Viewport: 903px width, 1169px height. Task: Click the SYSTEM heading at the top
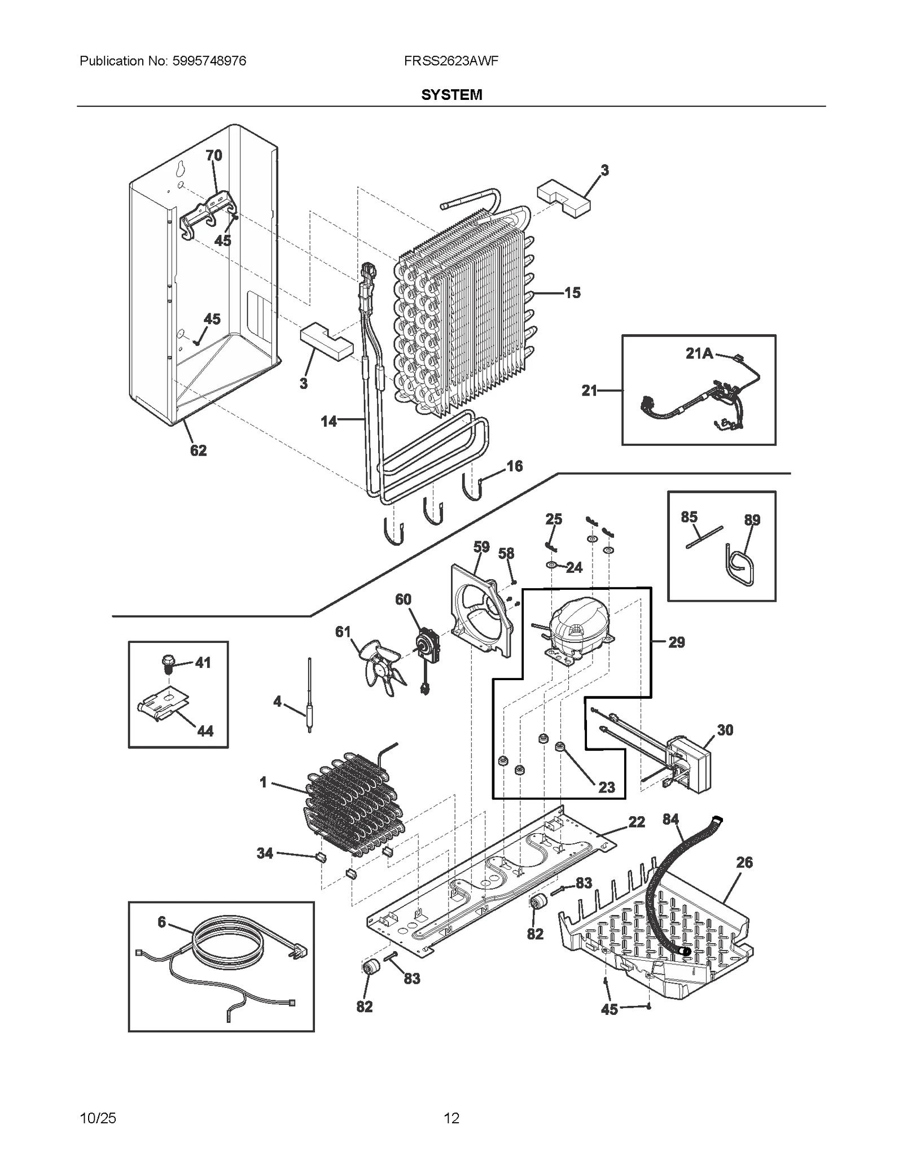[451, 94]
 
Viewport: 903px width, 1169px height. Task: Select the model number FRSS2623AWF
[451, 61]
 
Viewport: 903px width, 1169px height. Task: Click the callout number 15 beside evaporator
[572, 293]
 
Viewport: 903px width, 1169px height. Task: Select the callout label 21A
[699, 354]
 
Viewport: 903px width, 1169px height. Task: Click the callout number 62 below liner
[198, 450]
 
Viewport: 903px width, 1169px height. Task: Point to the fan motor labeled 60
[422, 643]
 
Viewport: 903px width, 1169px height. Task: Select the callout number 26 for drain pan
[744, 862]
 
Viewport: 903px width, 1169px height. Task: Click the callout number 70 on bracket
[214, 155]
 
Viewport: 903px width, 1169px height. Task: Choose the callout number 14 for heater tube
[328, 421]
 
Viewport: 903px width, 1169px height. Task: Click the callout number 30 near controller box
[725, 730]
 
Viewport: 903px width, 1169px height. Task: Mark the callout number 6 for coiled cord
[162, 922]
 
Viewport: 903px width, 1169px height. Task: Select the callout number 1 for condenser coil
[263, 782]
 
